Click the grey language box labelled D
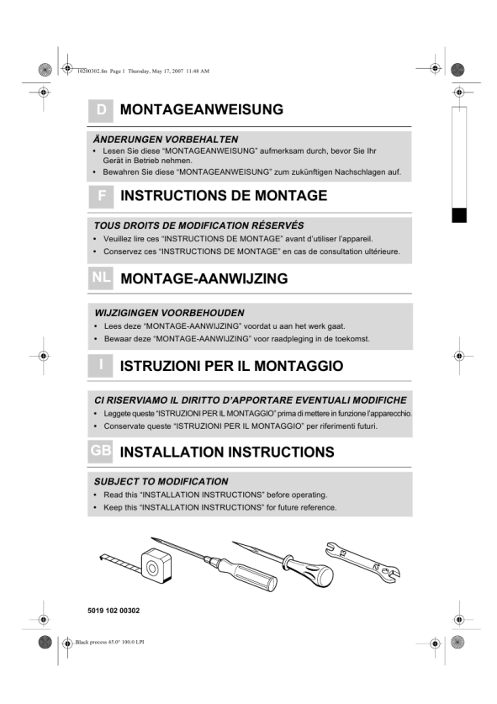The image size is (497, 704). [101, 110]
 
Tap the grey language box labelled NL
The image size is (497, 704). [101, 278]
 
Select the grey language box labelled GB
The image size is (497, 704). [100, 451]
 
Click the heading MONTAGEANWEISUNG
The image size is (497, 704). [202, 109]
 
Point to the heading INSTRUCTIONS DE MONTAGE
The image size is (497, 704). [224, 196]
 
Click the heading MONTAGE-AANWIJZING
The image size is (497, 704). [204, 278]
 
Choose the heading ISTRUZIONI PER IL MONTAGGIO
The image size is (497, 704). [231, 366]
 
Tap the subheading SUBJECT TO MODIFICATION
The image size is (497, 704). [161, 482]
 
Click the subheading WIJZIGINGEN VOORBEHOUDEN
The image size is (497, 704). [169, 313]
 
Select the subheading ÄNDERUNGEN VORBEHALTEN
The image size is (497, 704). [166, 139]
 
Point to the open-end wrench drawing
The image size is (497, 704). [362, 562]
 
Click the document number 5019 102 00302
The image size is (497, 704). [114, 611]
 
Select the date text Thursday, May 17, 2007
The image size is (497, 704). [156, 71]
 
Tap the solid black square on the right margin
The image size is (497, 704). [459, 215]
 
